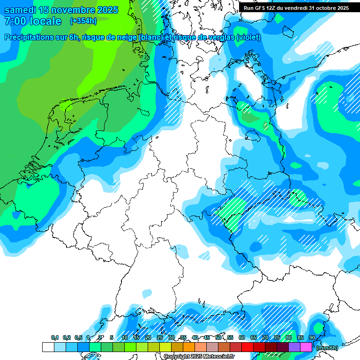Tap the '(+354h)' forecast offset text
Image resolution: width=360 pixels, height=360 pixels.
coord(83,21)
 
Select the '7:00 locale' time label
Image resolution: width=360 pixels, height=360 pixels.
coord(33,21)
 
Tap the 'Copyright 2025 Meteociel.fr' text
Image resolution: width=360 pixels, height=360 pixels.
coord(199,356)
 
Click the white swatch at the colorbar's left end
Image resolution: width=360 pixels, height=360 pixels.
coord(48,347)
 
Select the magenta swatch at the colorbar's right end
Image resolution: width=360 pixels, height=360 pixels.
coord(306,347)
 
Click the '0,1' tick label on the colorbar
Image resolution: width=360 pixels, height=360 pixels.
coord(55,338)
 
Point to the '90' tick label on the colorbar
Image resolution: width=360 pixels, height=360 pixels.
coord(312,338)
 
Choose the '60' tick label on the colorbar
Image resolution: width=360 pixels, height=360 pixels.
coord(241,338)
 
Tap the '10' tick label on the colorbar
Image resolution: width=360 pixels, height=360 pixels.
coord(125,338)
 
